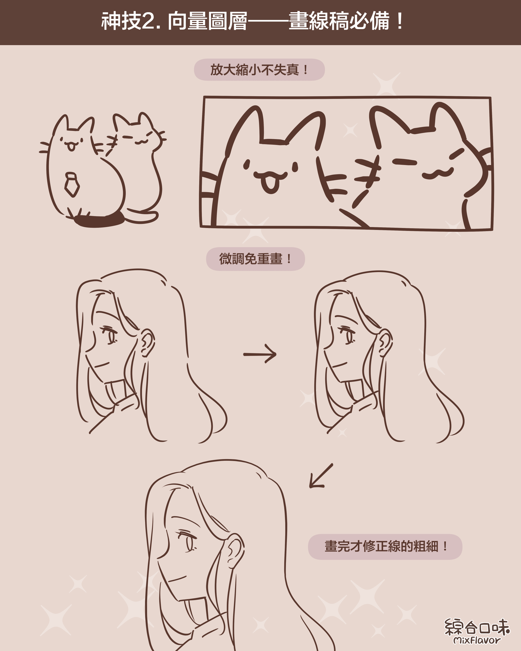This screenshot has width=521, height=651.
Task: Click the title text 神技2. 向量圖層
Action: pyautogui.click(x=174, y=21)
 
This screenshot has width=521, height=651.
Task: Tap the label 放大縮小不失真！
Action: pyautogui.click(x=259, y=70)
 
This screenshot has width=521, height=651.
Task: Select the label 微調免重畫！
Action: pyautogui.click(x=256, y=259)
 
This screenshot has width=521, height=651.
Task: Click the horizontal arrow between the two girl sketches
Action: pyautogui.click(x=260, y=354)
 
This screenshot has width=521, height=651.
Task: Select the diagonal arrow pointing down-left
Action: pyautogui.click(x=321, y=476)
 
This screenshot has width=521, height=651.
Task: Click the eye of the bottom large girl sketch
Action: pyautogui.click(x=188, y=541)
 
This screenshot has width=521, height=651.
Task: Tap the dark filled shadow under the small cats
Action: pyautogui.click(x=99, y=221)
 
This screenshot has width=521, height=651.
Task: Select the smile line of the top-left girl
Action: pyautogui.click(x=102, y=365)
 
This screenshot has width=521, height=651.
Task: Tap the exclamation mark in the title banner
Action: pyautogui.click(x=400, y=21)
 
